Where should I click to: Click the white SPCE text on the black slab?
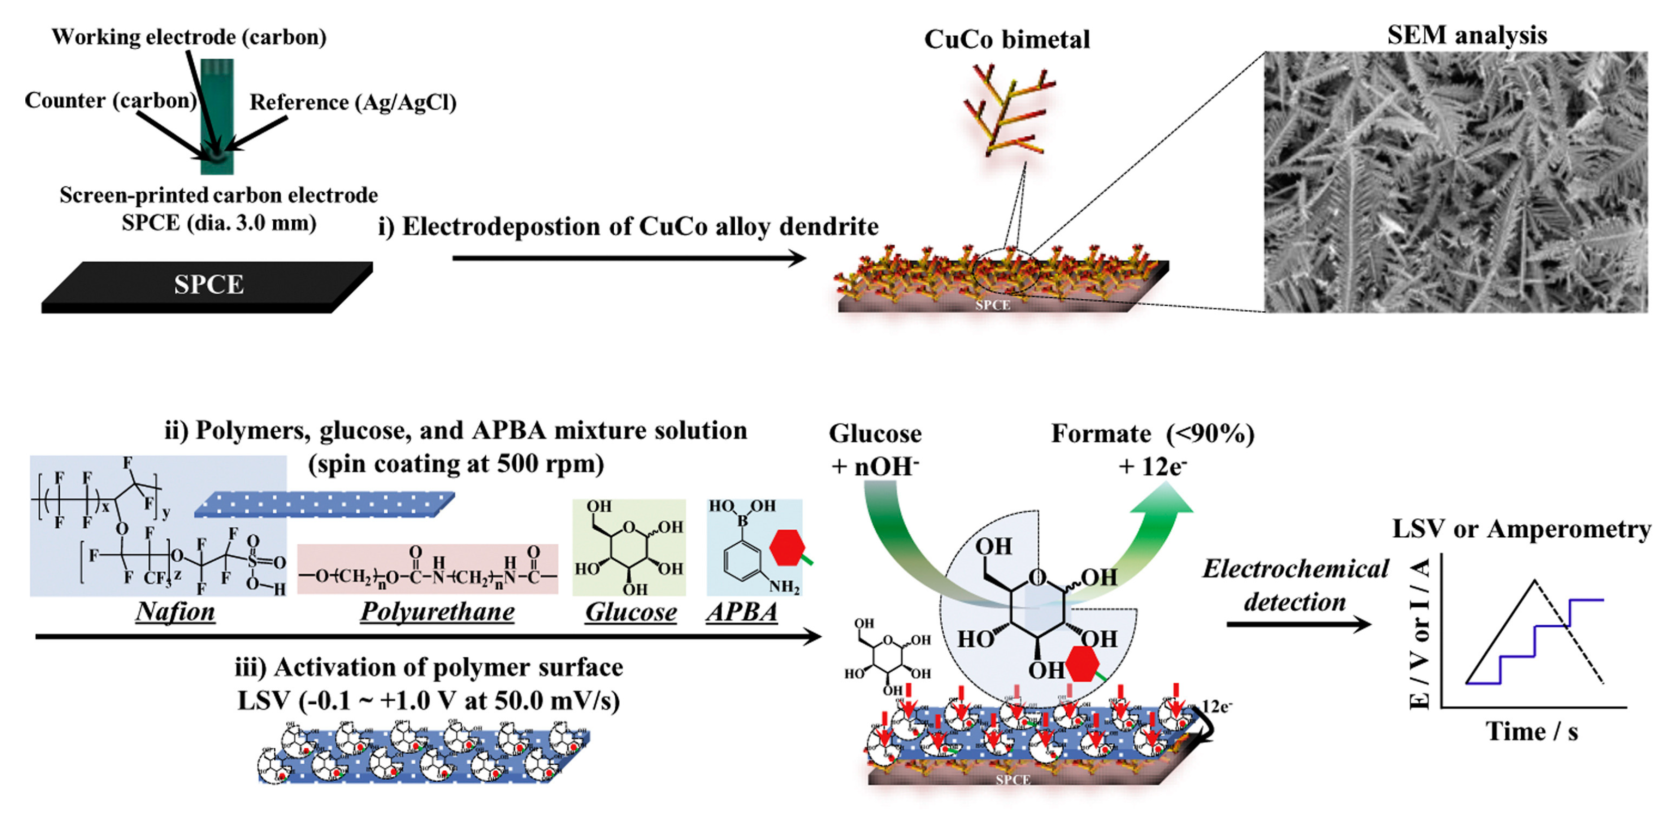click(x=209, y=284)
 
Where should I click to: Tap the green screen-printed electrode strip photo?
click(x=217, y=118)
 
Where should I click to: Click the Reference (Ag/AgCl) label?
click(x=353, y=103)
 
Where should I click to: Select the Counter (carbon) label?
click(x=110, y=101)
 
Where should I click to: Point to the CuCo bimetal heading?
click(x=1007, y=40)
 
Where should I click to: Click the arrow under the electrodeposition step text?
click(x=629, y=258)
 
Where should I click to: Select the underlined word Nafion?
click(x=175, y=611)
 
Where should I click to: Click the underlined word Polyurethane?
click(x=437, y=611)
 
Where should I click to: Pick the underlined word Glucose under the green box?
click(x=631, y=611)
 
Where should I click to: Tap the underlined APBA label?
click(x=742, y=611)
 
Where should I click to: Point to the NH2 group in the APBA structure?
click(x=784, y=587)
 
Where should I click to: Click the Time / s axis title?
click(x=1531, y=731)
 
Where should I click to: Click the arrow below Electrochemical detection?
click(x=1298, y=624)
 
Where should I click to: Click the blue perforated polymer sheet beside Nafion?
click(x=324, y=504)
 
